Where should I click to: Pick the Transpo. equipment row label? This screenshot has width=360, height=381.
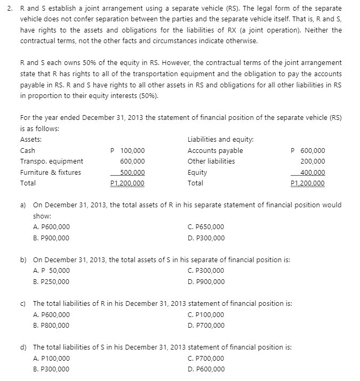[51, 161]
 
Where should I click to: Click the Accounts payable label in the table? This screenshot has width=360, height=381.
[215, 151]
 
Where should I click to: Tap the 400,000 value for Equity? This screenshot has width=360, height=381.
[313, 172]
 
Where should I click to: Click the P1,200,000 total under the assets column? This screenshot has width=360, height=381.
[127, 183]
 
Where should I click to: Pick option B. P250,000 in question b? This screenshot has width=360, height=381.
[51, 281]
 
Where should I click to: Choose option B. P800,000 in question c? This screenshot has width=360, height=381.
[51, 325]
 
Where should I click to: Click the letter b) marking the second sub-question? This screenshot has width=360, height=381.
[23, 260]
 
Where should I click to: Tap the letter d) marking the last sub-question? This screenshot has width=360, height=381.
[23, 347]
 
